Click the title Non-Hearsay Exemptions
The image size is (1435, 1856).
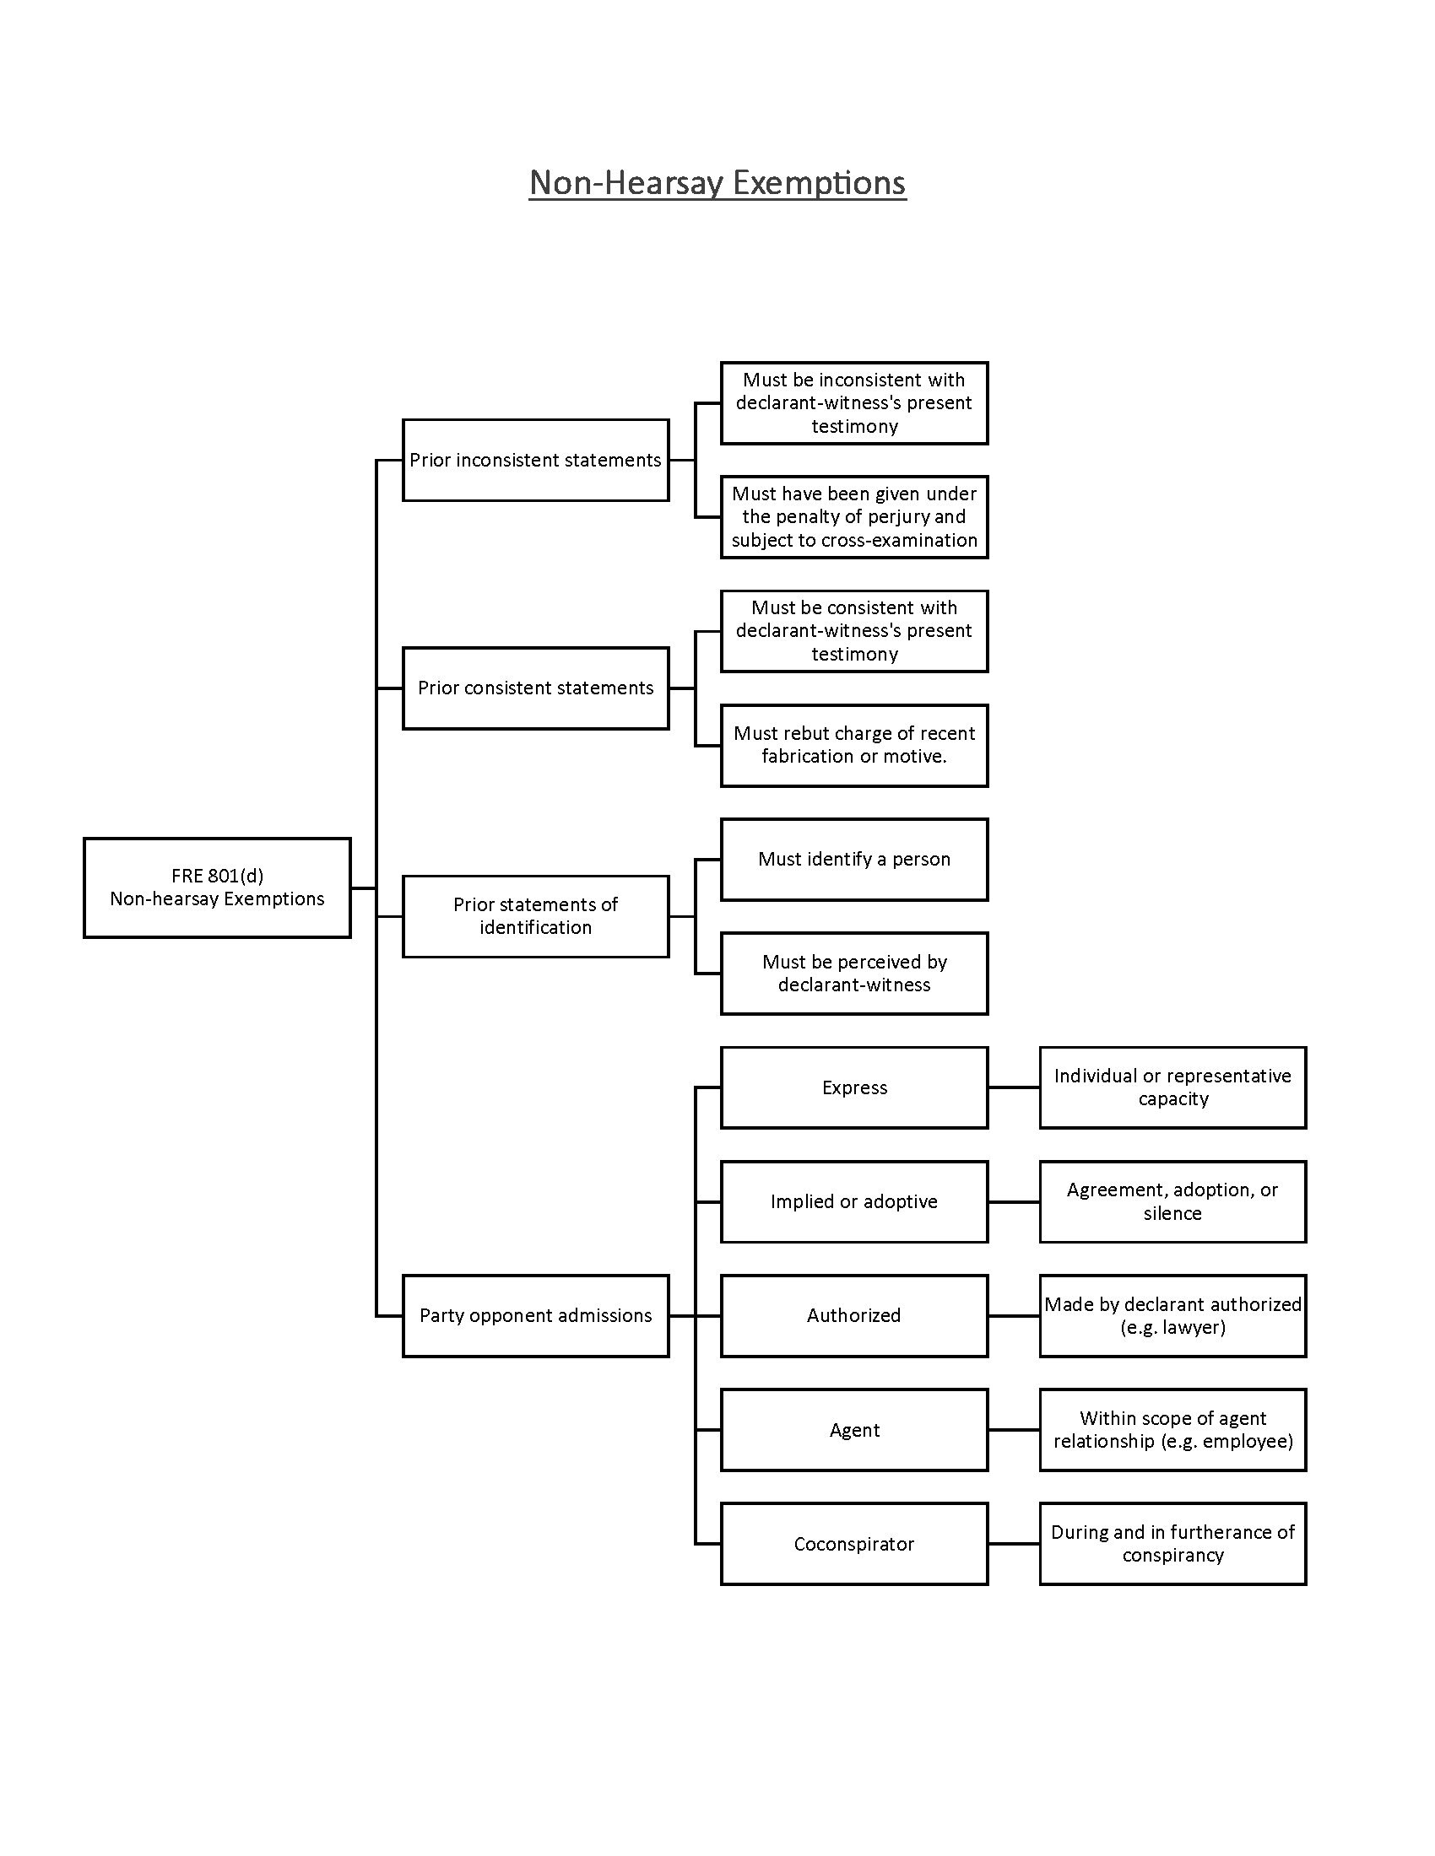[717, 183]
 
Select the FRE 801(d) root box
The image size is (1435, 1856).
[217, 888]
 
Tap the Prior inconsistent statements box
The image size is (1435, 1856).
[535, 460]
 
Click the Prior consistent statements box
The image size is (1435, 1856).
[535, 688]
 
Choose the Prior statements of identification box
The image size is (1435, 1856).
[535, 915]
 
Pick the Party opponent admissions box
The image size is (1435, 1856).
[535, 1314]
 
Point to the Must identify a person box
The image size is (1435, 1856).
[853, 858]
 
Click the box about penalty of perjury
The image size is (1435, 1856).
[853, 516]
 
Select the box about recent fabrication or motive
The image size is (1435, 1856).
[853, 744]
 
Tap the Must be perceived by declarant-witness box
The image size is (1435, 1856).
[853, 973]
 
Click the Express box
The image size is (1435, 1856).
[853, 1087]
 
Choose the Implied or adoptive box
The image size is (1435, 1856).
[853, 1200]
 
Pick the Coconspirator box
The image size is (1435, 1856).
[853, 1543]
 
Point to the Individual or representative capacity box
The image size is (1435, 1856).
[1172, 1087]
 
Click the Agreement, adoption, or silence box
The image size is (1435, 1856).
[1172, 1200]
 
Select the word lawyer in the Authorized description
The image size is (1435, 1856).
[1189, 1327]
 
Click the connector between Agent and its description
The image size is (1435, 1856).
[1013, 1429]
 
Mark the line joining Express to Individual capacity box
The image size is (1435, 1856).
[1013, 1087]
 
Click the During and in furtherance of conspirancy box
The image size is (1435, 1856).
[1172, 1543]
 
